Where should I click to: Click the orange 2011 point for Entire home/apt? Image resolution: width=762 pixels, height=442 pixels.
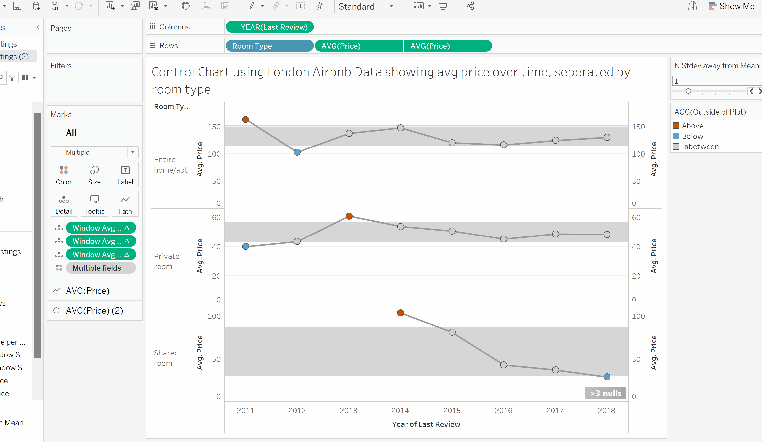(x=246, y=119)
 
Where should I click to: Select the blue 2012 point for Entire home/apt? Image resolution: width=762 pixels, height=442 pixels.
(x=297, y=152)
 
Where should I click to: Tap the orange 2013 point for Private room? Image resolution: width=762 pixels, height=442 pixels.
(x=349, y=216)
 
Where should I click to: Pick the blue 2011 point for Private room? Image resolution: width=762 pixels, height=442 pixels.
(x=246, y=246)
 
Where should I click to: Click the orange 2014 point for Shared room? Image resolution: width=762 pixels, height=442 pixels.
(x=400, y=313)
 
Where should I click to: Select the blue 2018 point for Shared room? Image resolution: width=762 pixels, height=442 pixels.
(x=607, y=377)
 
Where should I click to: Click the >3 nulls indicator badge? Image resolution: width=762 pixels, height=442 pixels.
(x=605, y=393)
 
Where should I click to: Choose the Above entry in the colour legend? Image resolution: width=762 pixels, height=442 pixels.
(x=692, y=126)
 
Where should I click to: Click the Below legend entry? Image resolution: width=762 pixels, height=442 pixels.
(x=692, y=136)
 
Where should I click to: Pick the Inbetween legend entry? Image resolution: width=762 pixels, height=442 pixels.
(x=700, y=147)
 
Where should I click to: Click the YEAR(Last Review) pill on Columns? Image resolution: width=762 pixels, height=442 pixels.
(x=270, y=27)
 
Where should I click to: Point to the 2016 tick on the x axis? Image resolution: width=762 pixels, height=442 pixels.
(x=503, y=411)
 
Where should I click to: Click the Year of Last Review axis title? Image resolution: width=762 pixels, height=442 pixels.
(x=426, y=424)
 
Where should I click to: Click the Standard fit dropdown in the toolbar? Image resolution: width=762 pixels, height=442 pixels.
(x=365, y=7)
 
